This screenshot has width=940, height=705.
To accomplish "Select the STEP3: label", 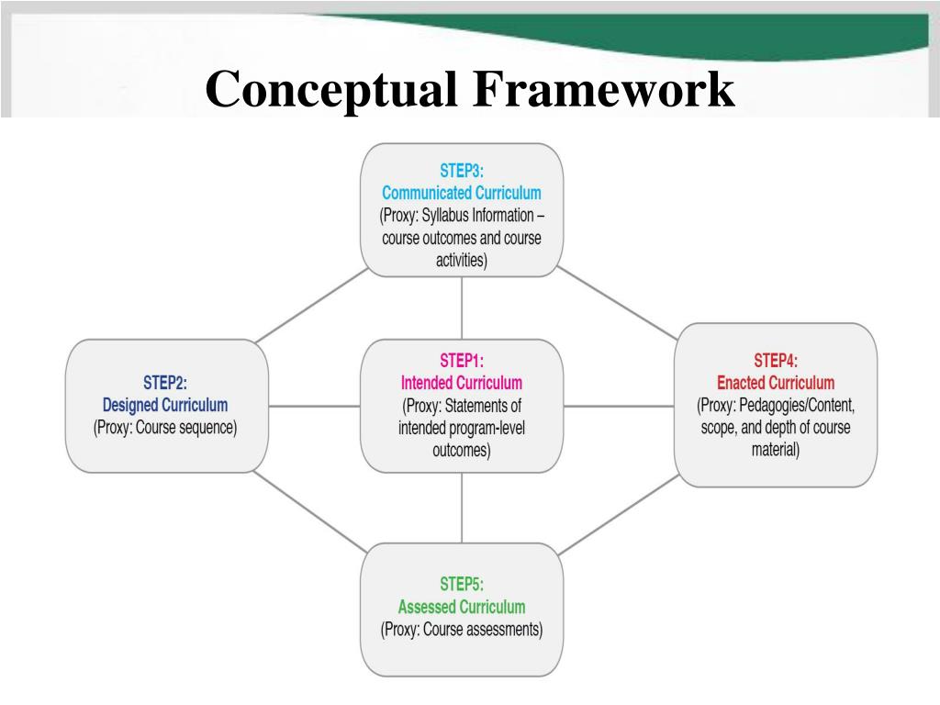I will pos(461,171).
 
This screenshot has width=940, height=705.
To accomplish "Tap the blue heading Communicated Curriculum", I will pos(461,193).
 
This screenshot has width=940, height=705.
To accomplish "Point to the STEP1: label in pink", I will pos(461,361).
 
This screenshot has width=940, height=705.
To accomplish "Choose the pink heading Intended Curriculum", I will pos(461,383).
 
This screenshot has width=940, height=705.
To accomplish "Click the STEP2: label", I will pos(165,383).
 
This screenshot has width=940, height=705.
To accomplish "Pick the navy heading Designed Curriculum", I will pos(165,405).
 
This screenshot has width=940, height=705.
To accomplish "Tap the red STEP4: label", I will pos(776,361).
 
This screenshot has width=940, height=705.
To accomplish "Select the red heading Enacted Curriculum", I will pos(776,383).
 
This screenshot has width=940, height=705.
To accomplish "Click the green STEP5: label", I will pos(461,584).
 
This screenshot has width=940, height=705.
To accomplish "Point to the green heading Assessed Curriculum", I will pos(461,607).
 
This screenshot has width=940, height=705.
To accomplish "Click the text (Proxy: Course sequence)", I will pos(165,428).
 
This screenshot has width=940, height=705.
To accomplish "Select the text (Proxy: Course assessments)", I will pos(461,630).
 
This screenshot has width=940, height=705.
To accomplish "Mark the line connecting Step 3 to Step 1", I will pos(461,308).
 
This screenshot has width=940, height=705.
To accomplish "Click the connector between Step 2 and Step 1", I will pos(313,406).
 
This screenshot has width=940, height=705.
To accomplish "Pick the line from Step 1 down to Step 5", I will pos(461,507).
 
